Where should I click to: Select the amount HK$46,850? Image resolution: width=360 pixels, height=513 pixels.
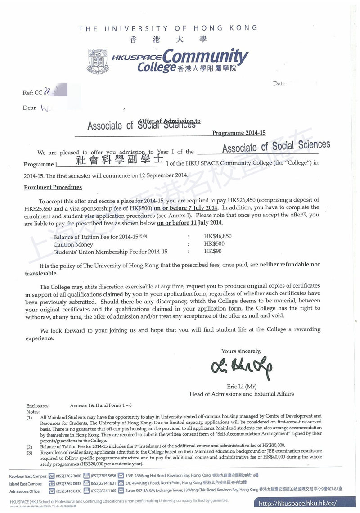click(218, 236)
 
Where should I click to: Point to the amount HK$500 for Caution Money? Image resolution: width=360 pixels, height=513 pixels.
click(213, 244)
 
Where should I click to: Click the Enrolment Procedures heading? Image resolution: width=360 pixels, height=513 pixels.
click(53, 187)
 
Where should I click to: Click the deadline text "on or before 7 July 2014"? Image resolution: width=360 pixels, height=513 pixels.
click(186, 207)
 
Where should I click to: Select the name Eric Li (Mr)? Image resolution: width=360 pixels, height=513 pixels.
click(242, 386)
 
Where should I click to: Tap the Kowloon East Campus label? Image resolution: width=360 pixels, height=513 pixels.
click(27, 475)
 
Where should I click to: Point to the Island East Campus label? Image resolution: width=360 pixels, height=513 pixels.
click(26, 483)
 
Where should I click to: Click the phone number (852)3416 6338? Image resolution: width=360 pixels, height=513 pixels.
click(69, 491)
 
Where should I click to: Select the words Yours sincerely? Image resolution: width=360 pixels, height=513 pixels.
click(241, 351)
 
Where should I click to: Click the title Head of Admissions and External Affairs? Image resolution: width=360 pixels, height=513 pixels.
click(242, 394)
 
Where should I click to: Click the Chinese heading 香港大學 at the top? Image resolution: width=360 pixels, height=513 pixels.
click(168, 39)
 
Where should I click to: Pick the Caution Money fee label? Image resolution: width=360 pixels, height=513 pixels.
click(73, 244)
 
